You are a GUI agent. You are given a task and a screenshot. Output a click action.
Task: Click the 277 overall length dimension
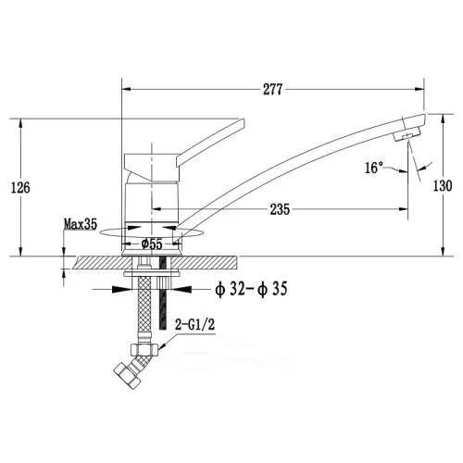pos(272,90)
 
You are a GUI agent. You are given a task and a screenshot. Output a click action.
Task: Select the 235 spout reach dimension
pos(280,209)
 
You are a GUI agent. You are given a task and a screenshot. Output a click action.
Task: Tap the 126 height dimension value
pos(20,187)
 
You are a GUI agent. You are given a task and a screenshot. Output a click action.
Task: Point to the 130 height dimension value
pos(443,186)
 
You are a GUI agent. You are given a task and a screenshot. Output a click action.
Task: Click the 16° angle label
pos(374,168)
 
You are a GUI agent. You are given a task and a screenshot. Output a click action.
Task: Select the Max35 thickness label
pos(81,224)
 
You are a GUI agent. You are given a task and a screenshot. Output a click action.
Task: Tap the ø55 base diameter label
pos(152,244)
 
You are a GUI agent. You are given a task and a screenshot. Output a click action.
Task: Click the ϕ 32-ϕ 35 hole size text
pos(251,289)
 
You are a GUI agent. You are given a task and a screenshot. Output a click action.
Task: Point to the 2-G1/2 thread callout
pos(194,325)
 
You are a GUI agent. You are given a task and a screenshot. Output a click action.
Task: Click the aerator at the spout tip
pos(407,133)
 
